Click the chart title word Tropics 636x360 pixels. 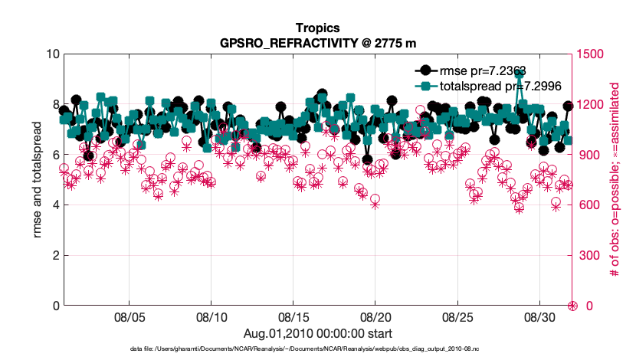click(317, 29)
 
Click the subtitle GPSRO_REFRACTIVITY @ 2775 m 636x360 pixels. click(317, 43)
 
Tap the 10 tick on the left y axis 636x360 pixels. click(52, 54)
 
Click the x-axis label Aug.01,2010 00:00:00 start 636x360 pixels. click(317, 333)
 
